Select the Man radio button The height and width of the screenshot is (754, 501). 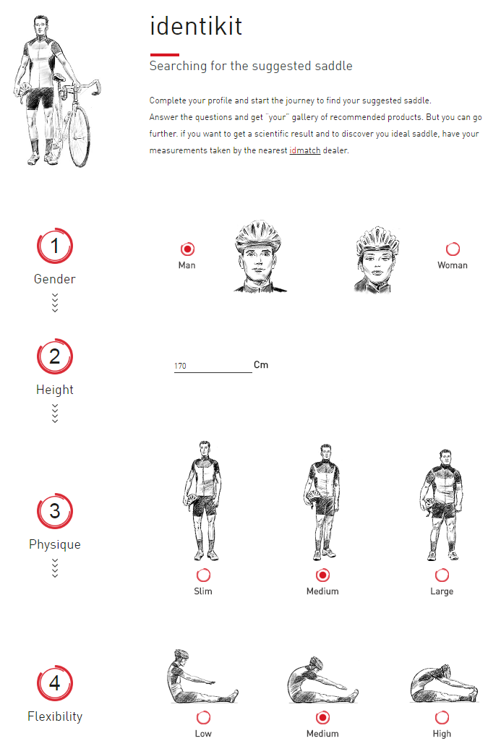pyautogui.click(x=187, y=249)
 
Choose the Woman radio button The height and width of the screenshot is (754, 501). pyautogui.click(x=453, y=249)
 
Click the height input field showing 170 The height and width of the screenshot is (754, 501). pyautogui.click(x=213, y=366)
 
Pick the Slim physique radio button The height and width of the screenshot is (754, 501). pyautogui.click(x=203, y=575)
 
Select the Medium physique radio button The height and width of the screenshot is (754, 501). pyautogui.click(x=322, y=575)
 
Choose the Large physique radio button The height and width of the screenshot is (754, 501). pyautogui.click(x=442, y=575)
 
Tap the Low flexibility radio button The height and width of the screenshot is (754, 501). pyautogui.click(x=203, y=717)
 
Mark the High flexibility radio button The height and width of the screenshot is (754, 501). pyautogui.click(x=442, y=717)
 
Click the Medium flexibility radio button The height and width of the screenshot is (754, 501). pyautogui.click(x=322, y=717)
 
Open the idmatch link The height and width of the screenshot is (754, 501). pyautogui.click(x=305, y=150)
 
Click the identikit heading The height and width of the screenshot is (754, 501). pyautogui.click(x=196, y=26)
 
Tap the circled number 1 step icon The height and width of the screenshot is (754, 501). pyautogui.click(x=55, y=246)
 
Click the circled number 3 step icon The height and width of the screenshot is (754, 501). pyautogui.click(x=55, y=510)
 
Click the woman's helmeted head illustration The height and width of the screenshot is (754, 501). pyautogui.click(x=377, y=260)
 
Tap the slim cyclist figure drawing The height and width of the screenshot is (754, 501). pyautogui.click(x=203, y=500)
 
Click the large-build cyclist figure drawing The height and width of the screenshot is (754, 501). pyautogui.click(x=442, y=505)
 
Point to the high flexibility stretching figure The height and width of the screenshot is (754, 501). pyautogui.click(x=444, y=683)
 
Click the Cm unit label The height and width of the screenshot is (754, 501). pyautogui.click(x=261, y=365)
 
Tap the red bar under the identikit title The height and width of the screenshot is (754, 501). pyautogui.click(x=164, y=55)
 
